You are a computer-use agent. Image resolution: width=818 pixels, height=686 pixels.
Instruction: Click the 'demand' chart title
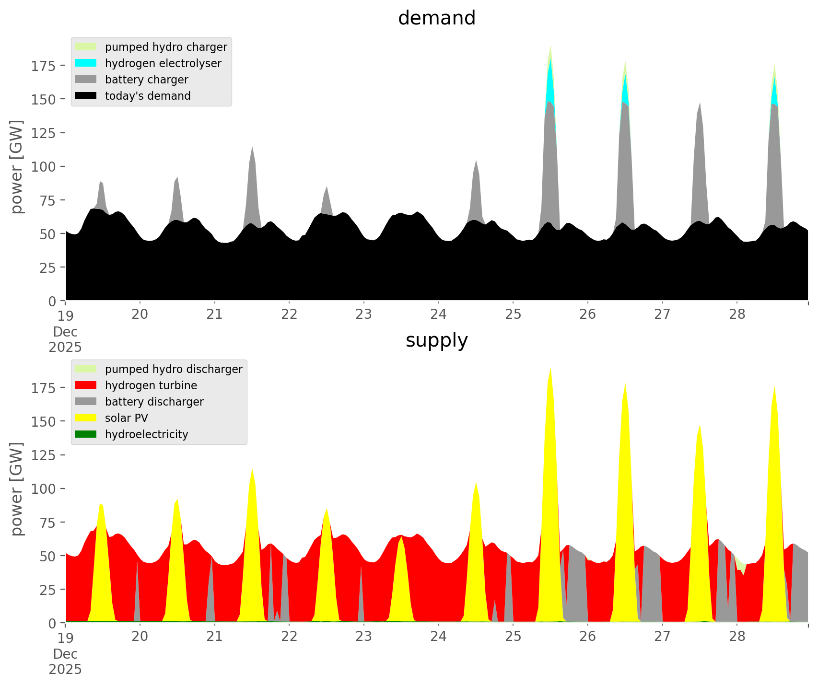pos(436,18)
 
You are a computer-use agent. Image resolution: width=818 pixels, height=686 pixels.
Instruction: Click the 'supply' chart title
pos(436,340)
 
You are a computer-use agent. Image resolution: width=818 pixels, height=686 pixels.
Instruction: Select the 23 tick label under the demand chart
pos(364,314)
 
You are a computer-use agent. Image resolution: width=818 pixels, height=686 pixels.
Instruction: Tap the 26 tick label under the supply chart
pos(588,637)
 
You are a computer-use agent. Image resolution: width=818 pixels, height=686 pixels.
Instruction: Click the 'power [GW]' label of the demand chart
pos(17,167)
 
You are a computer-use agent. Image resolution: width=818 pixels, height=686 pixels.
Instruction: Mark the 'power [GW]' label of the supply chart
pos(17,489)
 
